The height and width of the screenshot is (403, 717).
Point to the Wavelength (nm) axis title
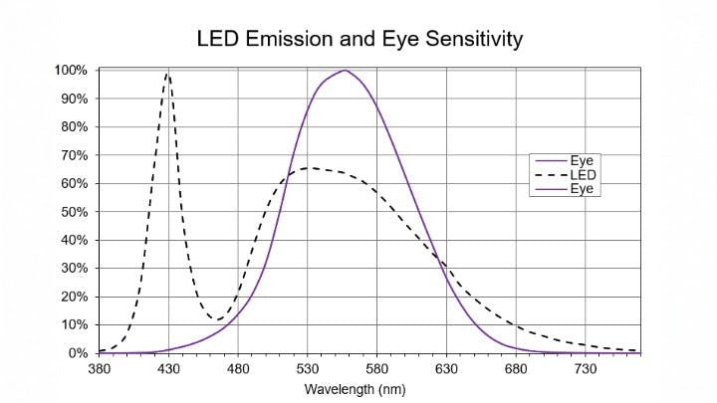click(357, 389)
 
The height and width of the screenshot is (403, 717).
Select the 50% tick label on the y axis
click(76, 212)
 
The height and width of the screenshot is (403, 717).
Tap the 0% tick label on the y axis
click(79, 353)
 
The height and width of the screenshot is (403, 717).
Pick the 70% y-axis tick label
click(76, 155)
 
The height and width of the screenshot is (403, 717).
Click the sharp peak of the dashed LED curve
click(168, 73)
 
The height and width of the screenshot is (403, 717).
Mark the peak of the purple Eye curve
click(345, 71)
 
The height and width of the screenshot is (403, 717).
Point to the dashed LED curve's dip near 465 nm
click(217, 319)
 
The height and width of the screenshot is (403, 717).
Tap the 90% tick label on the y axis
click(76, 99)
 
